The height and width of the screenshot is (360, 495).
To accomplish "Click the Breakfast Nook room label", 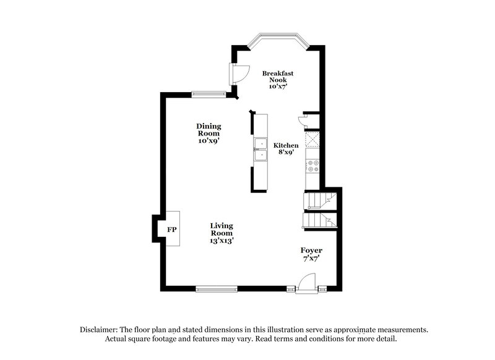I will (277, 77).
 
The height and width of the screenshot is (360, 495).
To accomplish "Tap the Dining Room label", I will (209, 129).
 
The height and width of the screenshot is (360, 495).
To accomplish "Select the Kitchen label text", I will (286, 145).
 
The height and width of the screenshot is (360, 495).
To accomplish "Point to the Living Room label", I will (221, 229).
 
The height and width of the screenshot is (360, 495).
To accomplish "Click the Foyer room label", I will (311, 250).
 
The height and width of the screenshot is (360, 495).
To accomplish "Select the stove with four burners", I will (312, 164).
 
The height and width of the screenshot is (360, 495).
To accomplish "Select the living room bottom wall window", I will (217, 288).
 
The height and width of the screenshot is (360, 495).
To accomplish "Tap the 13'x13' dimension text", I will (221, 241).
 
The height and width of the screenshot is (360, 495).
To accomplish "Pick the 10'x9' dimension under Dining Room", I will (209, 140).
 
